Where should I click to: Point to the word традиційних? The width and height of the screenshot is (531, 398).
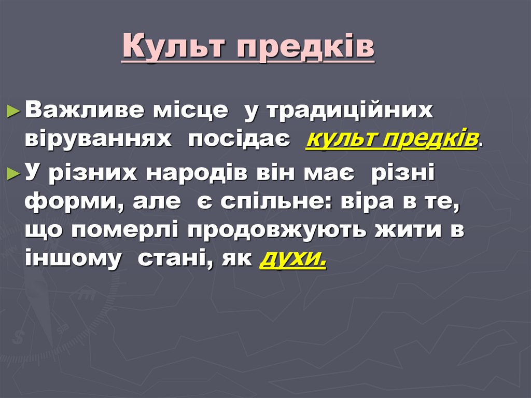[350, 112]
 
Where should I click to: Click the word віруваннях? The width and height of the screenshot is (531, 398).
[98, 139]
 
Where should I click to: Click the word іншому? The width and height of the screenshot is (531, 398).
[72, 258]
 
